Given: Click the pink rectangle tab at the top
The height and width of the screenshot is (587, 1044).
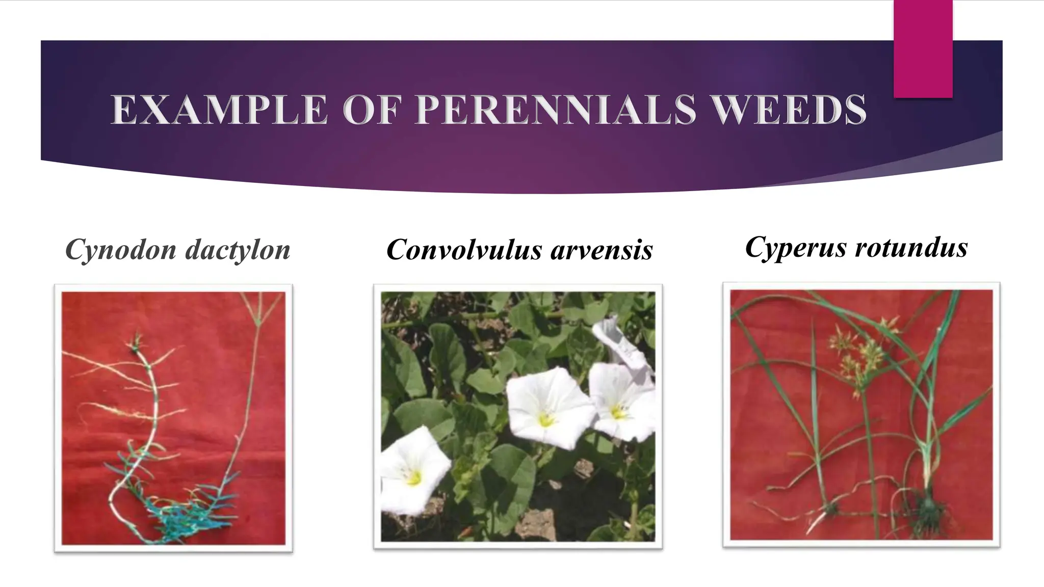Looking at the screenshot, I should coord(923,48).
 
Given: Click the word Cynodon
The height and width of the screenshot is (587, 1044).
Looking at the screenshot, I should coord(120,250).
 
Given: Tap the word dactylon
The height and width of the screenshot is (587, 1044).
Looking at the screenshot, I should coord(238,250).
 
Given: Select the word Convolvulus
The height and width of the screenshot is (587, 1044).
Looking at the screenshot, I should coord(463,250).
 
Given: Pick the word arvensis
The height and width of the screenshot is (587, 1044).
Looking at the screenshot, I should coord(602,250).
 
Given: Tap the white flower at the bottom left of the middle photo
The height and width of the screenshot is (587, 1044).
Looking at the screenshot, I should coord(414,471).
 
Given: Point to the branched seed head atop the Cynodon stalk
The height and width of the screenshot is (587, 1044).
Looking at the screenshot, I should coord(259,311).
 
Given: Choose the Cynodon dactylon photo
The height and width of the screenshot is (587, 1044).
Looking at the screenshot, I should coord(173,418).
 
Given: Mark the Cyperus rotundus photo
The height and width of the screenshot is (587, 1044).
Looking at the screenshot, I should coord(862,415).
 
